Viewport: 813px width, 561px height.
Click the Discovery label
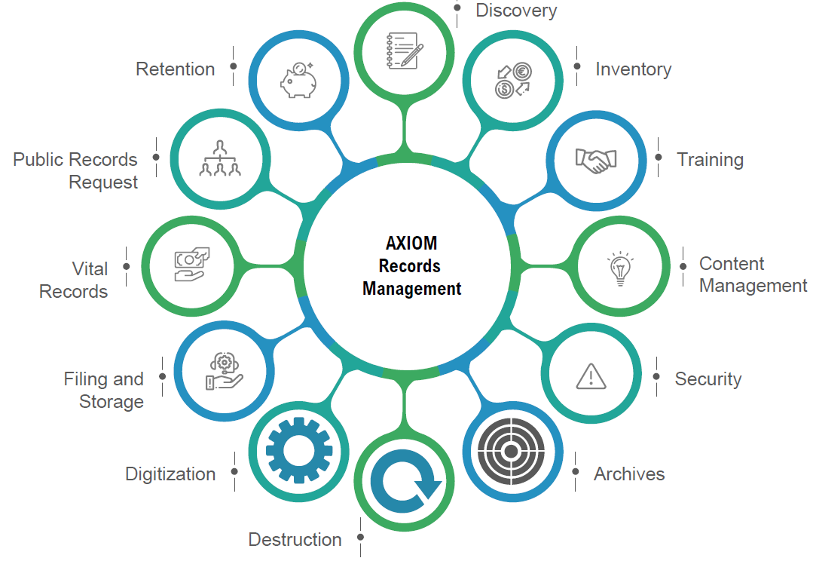516,11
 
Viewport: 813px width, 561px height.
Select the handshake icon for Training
595,160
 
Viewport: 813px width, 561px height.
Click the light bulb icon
619,268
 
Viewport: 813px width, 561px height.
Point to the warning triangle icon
591,375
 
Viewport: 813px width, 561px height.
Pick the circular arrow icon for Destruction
405,482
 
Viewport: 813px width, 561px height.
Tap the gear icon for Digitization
299,451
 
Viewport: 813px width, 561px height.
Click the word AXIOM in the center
411,244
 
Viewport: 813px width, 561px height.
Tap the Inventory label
633,69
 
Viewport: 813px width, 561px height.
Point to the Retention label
175,69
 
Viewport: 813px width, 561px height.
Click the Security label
708,379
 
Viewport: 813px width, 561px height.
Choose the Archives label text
629,474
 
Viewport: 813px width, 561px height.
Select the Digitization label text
170,474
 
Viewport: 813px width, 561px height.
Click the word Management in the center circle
411,289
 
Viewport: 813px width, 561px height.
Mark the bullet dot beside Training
659,158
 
